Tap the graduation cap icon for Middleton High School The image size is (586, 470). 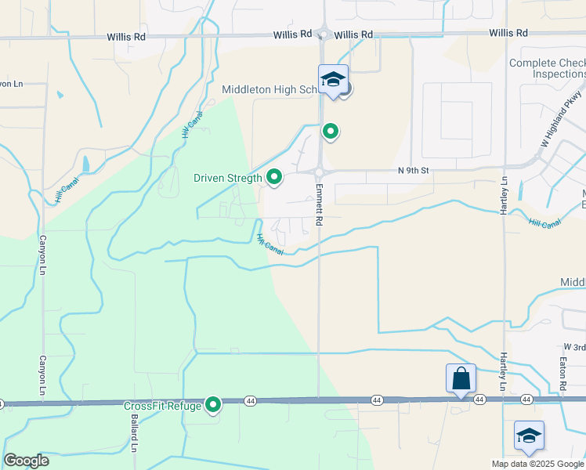pyautogui.click(x=333, y=79)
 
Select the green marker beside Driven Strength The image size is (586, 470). pyautogui.click(x=274, y=178)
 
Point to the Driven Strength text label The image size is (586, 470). pyautogui.click(x=228, y=178)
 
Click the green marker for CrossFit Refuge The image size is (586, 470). pyautogui.click(x=213, y=405)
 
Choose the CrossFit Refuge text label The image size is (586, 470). pyautogui.click(x=162, y=405)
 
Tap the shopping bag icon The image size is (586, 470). pyautogui.click(x=461, y=378)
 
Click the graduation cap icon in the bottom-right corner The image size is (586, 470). pyautogui.click(x=529, y=435)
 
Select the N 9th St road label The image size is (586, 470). pyautogui.click(x=415, y=170)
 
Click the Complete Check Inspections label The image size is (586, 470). pyautogui.click(x=547, y=68)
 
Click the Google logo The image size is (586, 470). pyautogui.click(x=26, y=461)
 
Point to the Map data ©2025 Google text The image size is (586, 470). pyautogui.click(x=537, y=464)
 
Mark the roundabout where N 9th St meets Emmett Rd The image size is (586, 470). pyautogui.click(x=320, y=172)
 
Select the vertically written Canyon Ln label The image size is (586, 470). pyautogui.click(x=42, y=375)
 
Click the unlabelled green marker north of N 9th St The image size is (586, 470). pyautogui.click(x=331, y=132)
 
